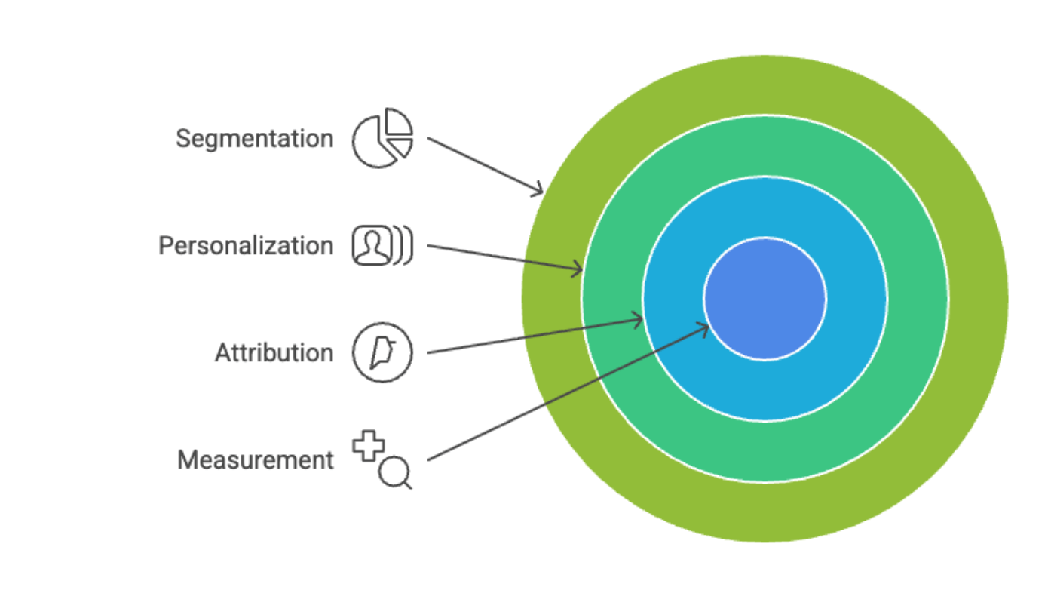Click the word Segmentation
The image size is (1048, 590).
tap(254, 139)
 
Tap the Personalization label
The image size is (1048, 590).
tap(245, 246)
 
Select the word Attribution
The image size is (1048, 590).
tap(274, 353)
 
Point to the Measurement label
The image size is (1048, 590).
tap(255, 460)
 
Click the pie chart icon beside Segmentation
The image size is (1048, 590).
tap(382, 139)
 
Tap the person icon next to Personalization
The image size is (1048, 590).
tap(372, 246)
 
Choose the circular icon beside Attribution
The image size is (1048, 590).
tap(382, 353)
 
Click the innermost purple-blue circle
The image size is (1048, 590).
tap(765, 299)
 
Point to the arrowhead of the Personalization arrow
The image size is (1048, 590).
tap(580, 269)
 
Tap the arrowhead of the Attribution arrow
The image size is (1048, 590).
tap(640, 321)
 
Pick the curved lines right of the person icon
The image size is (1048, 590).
tap(406, 246)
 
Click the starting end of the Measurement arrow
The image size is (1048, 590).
tap(430, 459)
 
